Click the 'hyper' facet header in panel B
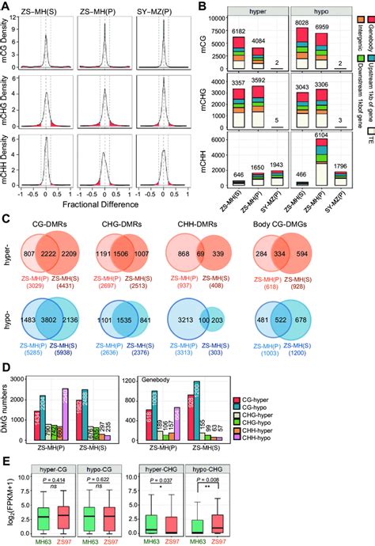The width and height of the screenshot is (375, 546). [x=249, y=16]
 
